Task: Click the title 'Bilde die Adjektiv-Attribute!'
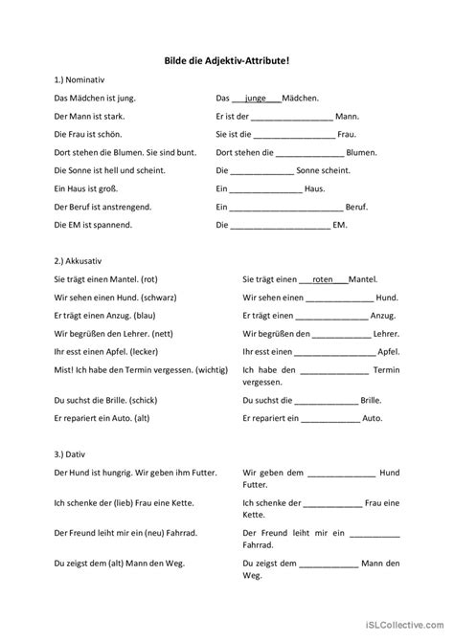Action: click(226, 59)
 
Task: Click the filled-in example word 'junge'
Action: click(256, 98)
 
